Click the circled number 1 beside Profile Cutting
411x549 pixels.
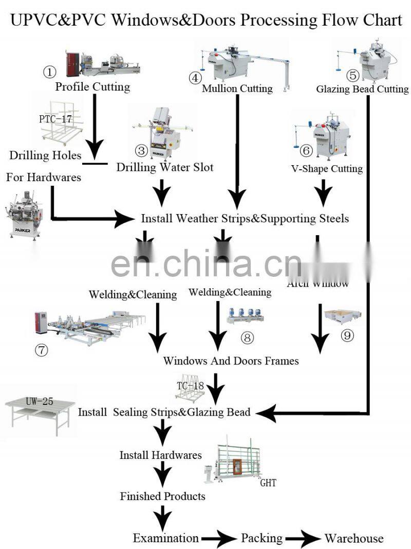pos(50,72)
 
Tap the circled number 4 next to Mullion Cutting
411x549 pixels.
pos(194,78)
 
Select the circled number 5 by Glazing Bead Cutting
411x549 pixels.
pos(352,76)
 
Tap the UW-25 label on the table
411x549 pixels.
pos(40,401)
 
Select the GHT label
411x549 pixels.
pos(268,483)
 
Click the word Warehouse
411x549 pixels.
pos(354,538)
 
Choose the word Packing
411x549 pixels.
pos(261,538)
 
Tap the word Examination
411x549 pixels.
pos(165,538)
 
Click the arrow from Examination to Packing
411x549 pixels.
pos(219,539)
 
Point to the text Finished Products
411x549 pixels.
pos(162,497)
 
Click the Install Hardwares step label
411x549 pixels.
pos(160,455)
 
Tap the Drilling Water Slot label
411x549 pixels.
pos(164,167)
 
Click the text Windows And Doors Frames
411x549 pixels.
pos(231,361)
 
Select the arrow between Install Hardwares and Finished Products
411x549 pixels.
pos(163,474)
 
